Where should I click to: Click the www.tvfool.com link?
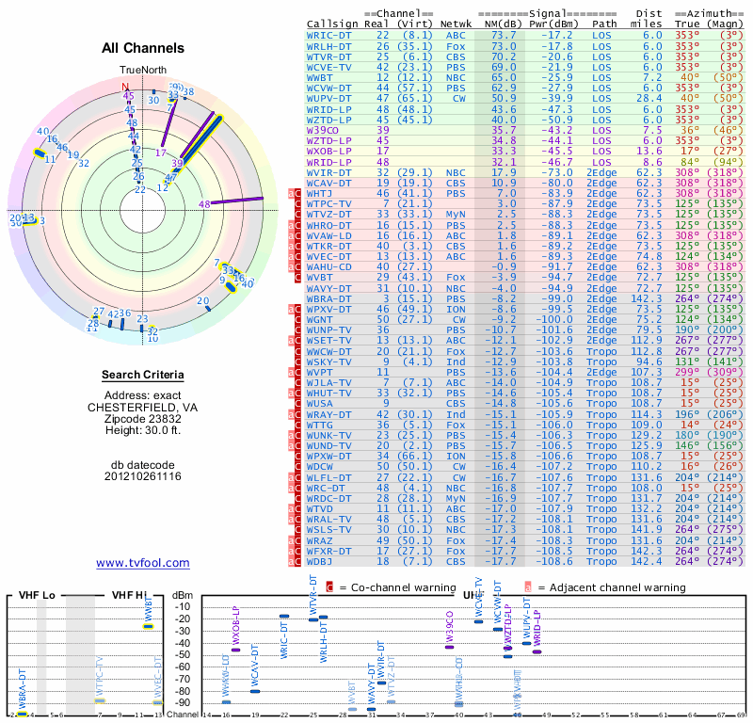click(x=143, y=563)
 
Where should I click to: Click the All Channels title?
click(x=143, y=48)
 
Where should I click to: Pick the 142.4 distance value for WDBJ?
click(x=646, y=562)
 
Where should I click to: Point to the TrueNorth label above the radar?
click(x=143, y=71)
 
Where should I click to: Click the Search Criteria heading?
click(x=143, y=376)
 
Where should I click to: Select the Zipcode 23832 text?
click(x=143, y=418)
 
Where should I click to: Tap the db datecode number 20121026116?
click(x=143, y=476)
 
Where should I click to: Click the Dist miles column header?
click(x=650, y=19)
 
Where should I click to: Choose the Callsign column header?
click(x=332, y=24)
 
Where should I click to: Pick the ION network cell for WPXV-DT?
click(x=457, y=309)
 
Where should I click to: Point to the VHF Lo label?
click(x=34, y=595)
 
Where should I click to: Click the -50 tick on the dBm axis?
click(x=183, y=654)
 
